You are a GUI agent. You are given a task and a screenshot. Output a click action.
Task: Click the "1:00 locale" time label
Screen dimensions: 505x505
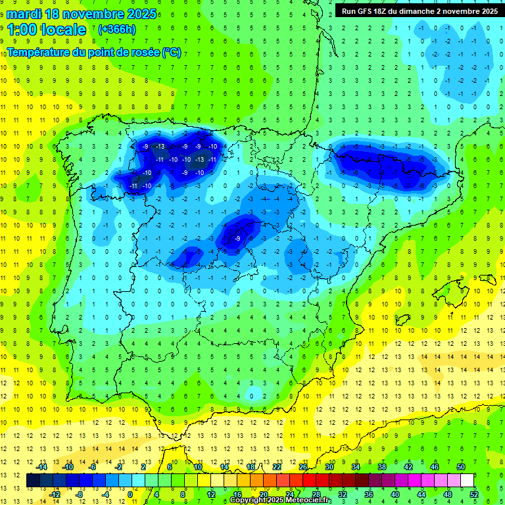(x=47, y=30)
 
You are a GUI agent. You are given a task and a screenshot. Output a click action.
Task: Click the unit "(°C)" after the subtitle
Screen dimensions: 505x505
(x=171, y=53)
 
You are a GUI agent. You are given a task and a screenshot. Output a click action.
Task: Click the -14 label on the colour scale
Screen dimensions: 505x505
(x=41, y=467)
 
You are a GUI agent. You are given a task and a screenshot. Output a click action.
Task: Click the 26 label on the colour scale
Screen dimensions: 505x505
(x=302, y=467)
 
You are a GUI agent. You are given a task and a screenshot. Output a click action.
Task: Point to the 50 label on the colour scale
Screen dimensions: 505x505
(x=460, y=467)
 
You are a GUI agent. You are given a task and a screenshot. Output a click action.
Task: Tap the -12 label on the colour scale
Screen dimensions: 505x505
(x=55, y=494)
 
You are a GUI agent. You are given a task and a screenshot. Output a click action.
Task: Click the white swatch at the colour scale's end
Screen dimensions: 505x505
(x=468, y=481)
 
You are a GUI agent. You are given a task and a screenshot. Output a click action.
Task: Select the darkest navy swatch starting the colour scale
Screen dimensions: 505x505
(x=34, y=481)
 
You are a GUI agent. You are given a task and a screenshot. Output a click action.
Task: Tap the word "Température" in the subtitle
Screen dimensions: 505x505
(x=37, y=53)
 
